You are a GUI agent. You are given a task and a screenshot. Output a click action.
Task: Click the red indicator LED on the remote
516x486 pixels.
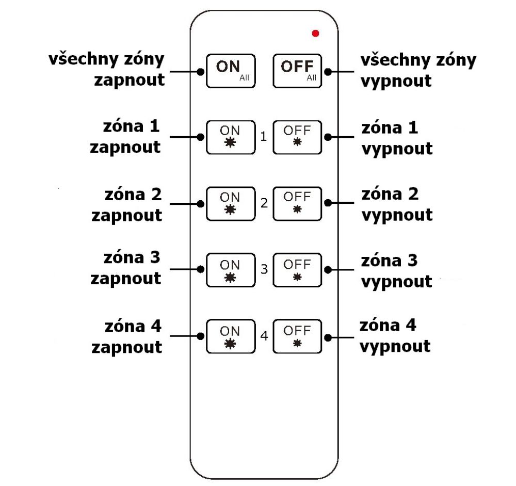tap(315, 34)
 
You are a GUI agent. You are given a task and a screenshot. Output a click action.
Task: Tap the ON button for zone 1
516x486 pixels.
tap(230, 137)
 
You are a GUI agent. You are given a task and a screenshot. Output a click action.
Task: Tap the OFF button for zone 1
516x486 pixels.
tap(297, 137)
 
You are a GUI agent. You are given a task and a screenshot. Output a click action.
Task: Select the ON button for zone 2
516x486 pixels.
tap(230, 203)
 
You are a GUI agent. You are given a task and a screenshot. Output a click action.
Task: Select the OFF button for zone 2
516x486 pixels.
tap(297, 203)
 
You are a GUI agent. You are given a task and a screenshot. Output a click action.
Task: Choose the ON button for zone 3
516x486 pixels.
tap(230, 270)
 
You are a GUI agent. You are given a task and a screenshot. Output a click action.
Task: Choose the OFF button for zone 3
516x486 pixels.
tap(297, 270)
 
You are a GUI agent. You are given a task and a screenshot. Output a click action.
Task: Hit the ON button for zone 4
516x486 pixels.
tap(230, 336)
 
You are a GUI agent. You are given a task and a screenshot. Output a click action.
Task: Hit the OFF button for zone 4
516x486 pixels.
tap(297, 336)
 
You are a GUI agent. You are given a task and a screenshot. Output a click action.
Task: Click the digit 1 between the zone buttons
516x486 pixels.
tap(264, 137)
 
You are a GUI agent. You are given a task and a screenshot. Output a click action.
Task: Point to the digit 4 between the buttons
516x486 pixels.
tap(264, 336)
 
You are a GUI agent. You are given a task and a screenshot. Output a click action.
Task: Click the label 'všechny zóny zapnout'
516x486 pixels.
tap(107, 69)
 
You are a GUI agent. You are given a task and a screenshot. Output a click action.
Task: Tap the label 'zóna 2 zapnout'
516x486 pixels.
tap(126, 204)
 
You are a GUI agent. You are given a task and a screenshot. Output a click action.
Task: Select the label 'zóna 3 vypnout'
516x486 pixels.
tap(396, 271)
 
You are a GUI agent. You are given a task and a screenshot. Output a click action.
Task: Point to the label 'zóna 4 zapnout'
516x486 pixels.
tap(126, 336)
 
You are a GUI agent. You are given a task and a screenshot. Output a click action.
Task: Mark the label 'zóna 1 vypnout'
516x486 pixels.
tap(396, 138)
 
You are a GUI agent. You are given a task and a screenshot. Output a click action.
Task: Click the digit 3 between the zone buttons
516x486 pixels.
tap(264, 270)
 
